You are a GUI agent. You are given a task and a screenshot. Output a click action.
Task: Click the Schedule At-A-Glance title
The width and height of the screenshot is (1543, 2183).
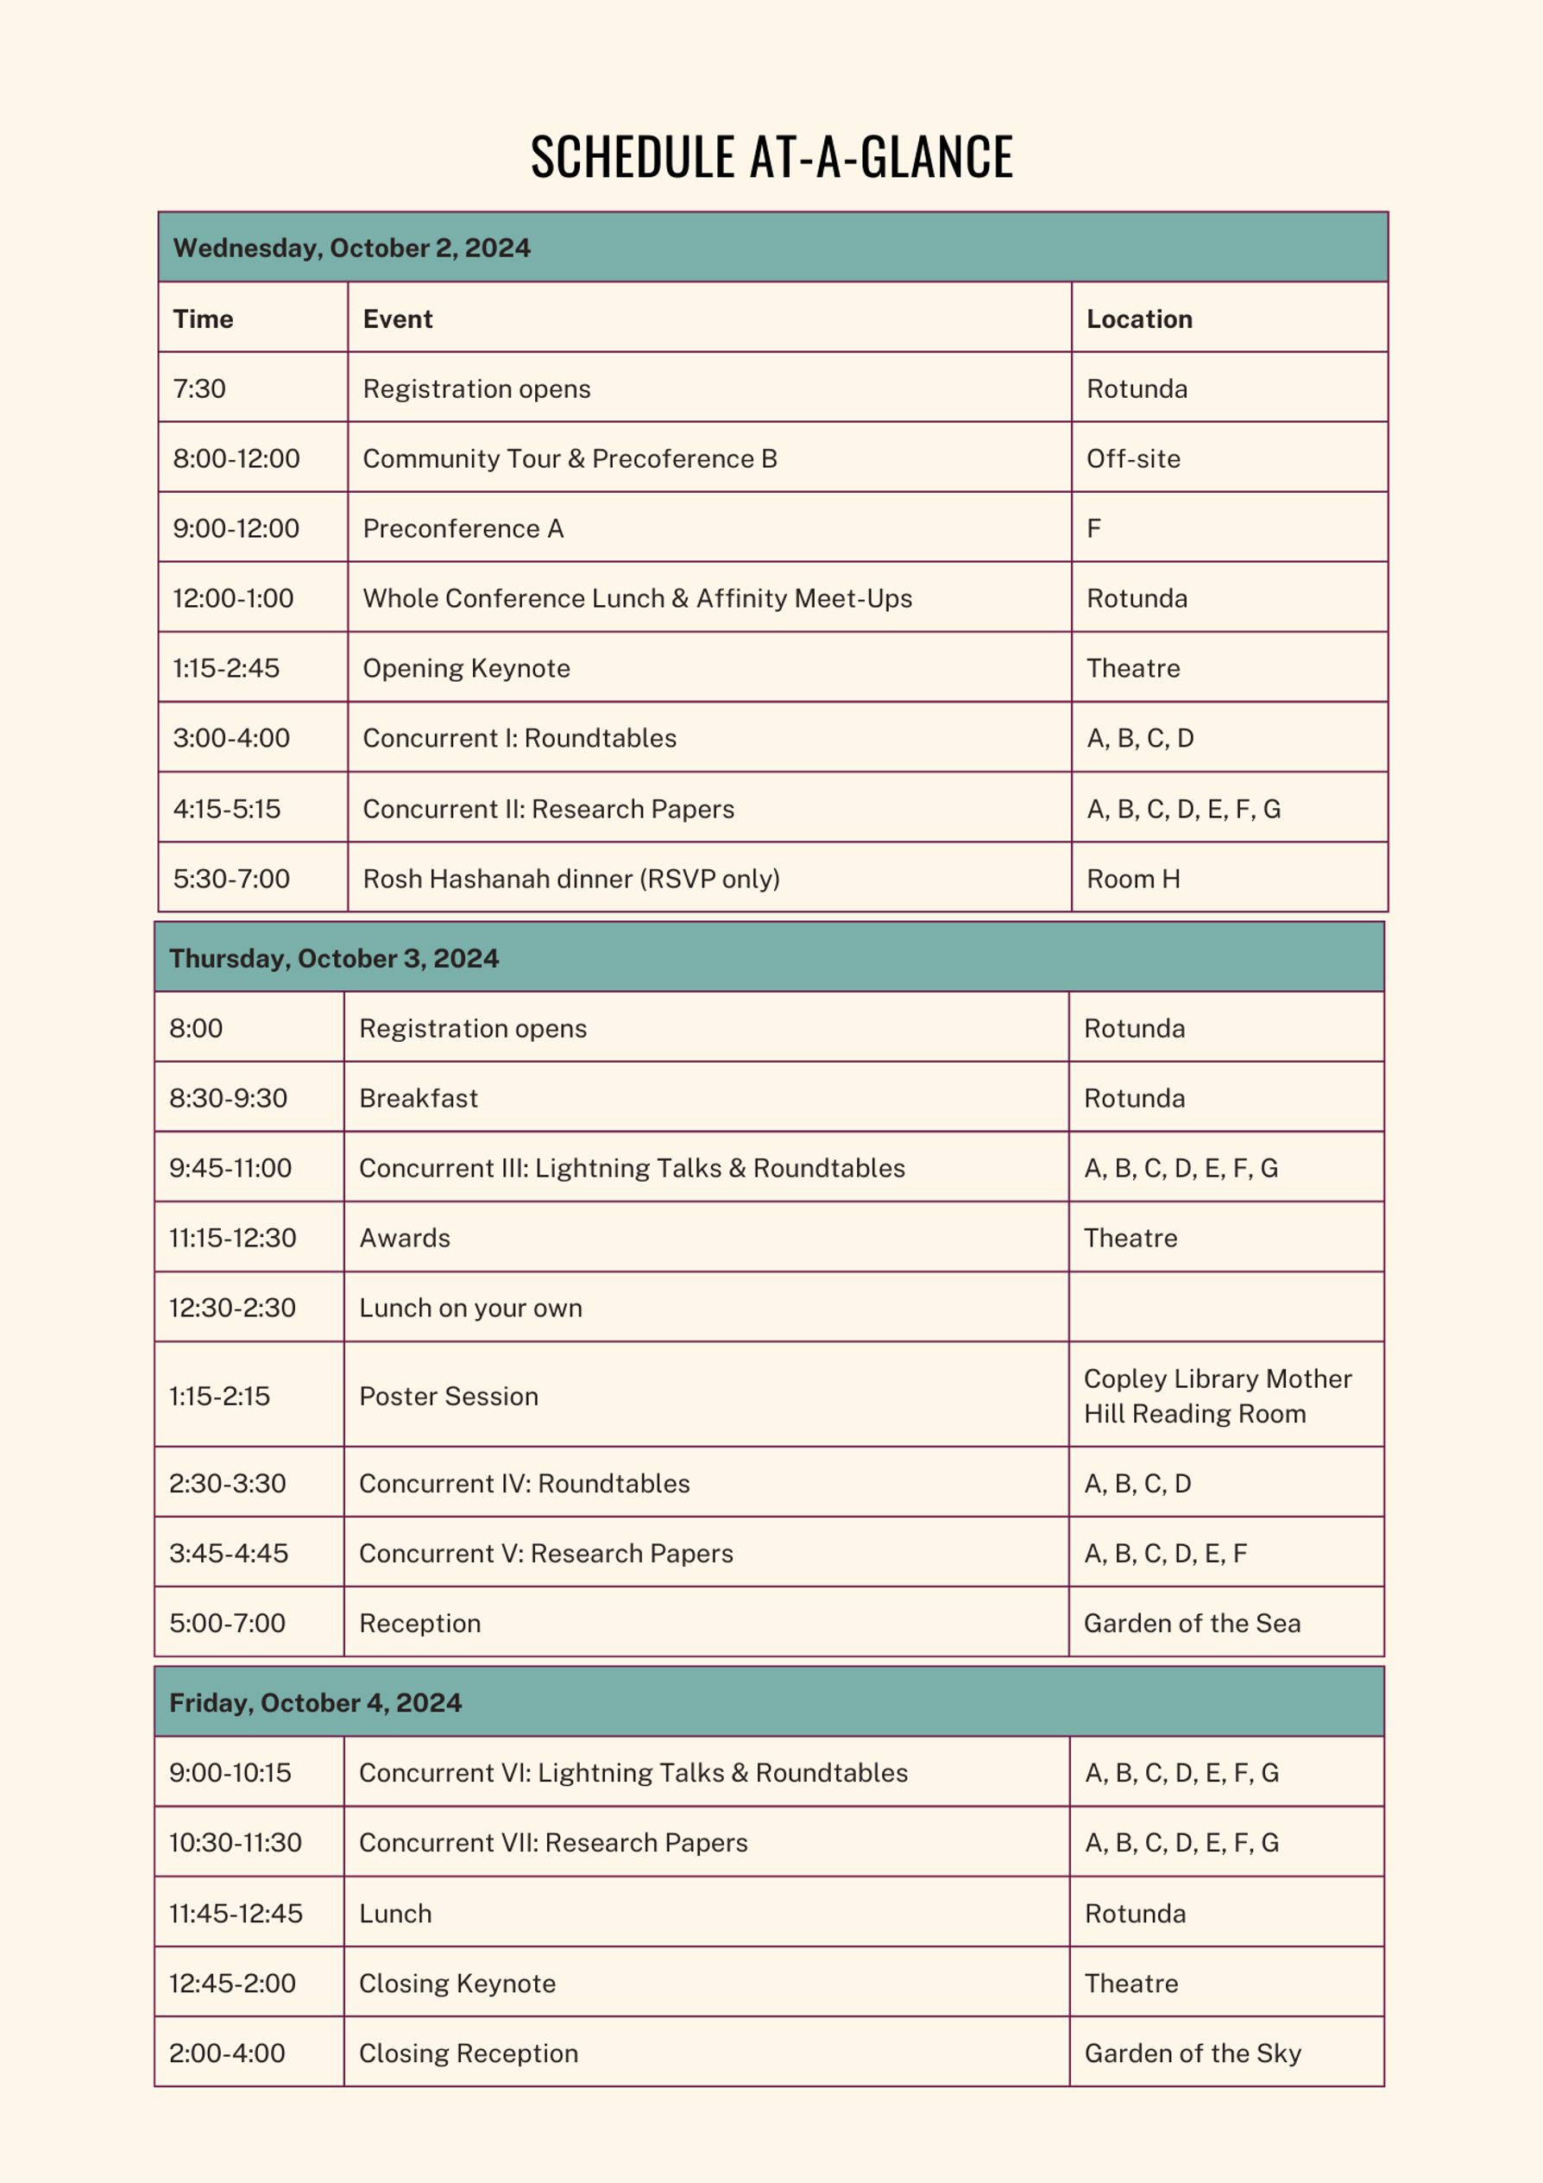point(771,157)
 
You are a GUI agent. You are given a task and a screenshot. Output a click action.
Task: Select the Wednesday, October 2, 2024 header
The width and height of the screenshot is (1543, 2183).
point(352,248)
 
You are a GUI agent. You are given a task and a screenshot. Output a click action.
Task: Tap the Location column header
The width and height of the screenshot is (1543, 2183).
point(1139,319)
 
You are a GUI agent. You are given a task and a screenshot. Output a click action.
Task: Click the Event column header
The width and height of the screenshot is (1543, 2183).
point(397,319)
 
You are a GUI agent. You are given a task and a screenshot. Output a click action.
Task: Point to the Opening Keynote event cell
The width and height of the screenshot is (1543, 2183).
point(466,668)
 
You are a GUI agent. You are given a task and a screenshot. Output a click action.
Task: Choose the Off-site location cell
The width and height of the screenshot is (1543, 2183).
point(1133,458)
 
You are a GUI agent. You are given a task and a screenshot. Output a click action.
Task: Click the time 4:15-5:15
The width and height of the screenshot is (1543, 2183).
point(227,809)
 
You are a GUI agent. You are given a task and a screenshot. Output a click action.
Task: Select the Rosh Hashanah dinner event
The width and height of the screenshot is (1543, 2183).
point(571,879)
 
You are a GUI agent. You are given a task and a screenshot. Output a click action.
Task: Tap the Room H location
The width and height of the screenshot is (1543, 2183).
point(1133,879)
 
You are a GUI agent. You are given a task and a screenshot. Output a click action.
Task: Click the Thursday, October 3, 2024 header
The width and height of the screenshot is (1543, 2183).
point(334,958)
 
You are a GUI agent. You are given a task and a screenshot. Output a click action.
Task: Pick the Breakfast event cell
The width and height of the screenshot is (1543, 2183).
point(419,1098)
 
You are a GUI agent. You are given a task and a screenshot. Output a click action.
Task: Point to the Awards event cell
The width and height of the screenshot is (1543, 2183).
point(405,1238)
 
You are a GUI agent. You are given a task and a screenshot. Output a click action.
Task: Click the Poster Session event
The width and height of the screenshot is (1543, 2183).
point(449,1396)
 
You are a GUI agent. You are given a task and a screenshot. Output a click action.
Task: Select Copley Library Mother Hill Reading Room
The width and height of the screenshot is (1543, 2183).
point(1217,1396)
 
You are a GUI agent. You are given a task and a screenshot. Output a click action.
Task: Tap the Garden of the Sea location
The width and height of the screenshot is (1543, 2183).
point(1192,1623)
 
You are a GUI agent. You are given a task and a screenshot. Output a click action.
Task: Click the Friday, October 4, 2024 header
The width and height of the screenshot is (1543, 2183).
point(316,1703)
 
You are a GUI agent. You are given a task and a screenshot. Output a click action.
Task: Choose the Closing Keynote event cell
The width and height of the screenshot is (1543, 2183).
point(457,1984)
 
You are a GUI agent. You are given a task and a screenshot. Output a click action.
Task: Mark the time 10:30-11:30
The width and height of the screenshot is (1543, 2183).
point(235,1843)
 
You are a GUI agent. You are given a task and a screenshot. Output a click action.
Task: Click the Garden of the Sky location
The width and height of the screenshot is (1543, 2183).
point(1192,2054)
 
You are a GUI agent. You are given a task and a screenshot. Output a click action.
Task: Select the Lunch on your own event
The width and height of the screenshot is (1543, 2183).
point(470,1309)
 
